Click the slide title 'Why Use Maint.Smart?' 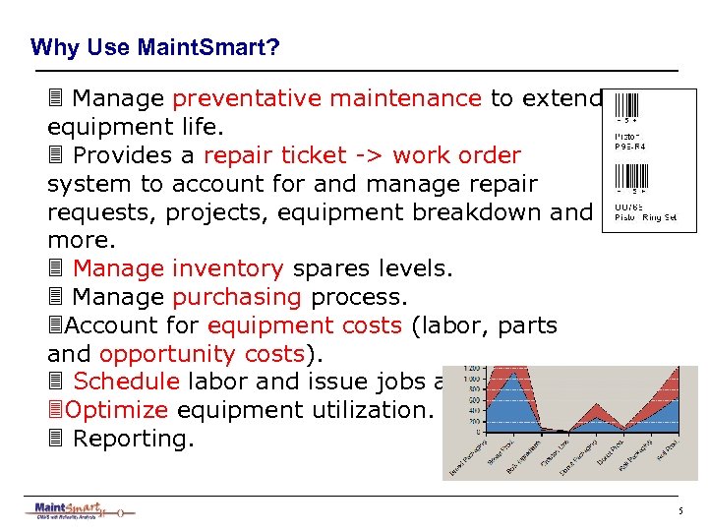tap(155, 47)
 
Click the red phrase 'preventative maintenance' tap(326, 98)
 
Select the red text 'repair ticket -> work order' tap(362, 155)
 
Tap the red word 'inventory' tap(226, 268)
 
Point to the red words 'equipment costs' tap(305, 325)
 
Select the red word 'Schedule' tap(126, 383)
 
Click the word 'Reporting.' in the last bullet tap(134, 439)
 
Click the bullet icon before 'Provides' tap(56, 155)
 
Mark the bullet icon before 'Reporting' tap(56, 439)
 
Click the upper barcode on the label tap(626, 106)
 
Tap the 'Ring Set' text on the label tap(658, 217)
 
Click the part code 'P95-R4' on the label tap(630, 145)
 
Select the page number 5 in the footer tap(679, 511)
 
